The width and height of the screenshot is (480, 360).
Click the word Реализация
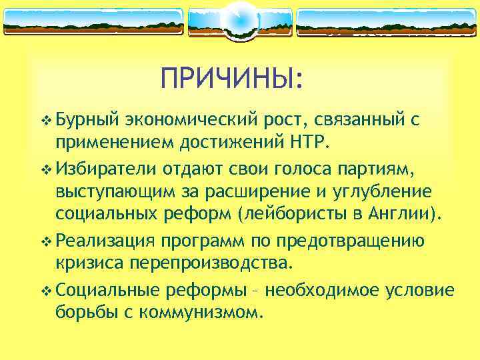tap(106, 241)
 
